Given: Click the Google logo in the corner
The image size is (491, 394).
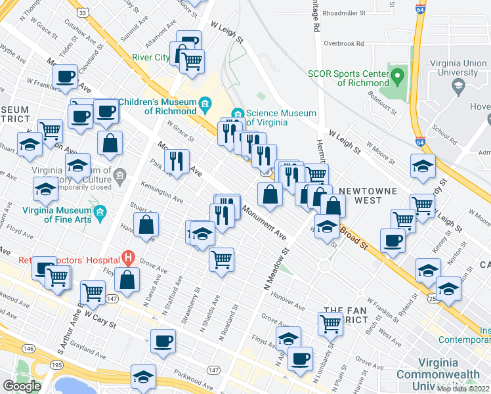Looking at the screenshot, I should coord(22,386).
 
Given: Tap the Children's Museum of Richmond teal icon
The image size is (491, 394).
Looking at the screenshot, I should coord(205,104).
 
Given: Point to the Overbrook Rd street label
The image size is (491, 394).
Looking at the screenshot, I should coord(343,44).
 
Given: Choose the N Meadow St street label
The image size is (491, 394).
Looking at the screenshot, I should coord(276,269).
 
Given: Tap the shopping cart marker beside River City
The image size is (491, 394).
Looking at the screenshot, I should coord(192,61).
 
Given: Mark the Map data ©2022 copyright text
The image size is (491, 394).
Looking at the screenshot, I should coord(463,389).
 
